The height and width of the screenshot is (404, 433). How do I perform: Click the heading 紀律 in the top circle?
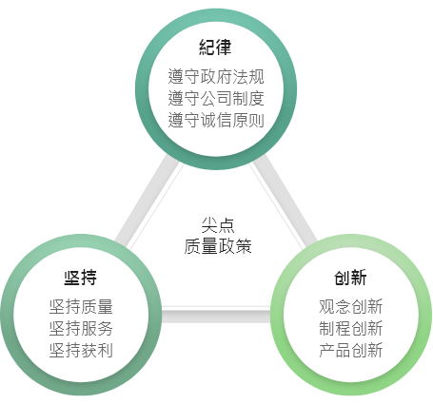pyautogui.click(x=215, y=48)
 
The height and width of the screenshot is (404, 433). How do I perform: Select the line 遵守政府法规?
pyautogui.click(x=216, y=76)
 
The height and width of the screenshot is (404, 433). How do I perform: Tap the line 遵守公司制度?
pyautogui.click(x=216, y=98)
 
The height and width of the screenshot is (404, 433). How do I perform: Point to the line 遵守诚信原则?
pyautogui.click(x=216, y=120)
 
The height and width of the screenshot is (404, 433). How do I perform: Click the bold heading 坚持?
pyautogui.click(x=81, y=278)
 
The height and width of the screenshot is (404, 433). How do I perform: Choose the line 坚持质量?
pyautogui.click(x=81, y=307)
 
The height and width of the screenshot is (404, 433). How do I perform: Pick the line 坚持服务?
pyautogui.click(x=81, y=328)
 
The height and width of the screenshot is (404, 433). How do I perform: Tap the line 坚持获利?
pyautogui.click(x=81, y=350)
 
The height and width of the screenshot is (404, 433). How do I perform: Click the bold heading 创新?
pyautogui.click(x=350, y=278)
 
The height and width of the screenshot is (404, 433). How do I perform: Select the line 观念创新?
pyautogui.click(x=351, y=307)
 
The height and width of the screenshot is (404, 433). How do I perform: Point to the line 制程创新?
pyautogui.click(x=351, y=328)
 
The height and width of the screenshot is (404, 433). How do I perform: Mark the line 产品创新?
pyautogui.click(x=351, y=350)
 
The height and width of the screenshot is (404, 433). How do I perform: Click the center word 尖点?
pyautogui.click(x=218, y=225)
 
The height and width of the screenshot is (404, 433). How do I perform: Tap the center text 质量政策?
pyautogui.click(x=218, y=246)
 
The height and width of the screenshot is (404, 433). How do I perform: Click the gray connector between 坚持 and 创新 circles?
pyautogui.click(x=216, y=316)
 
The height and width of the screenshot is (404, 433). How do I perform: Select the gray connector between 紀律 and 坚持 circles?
pyautogui.click(x=148, y=201)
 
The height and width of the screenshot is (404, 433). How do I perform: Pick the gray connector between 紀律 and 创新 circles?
pyautogui.click(x=284, y=201)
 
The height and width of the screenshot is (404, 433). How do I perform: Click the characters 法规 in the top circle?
pyautogui.click(x=248, y=76)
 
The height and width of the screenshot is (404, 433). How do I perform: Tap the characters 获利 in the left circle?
pyautogui.click(x=97, y=350)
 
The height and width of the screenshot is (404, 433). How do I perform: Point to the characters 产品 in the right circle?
pyautogui.click(x=335, y=350)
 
